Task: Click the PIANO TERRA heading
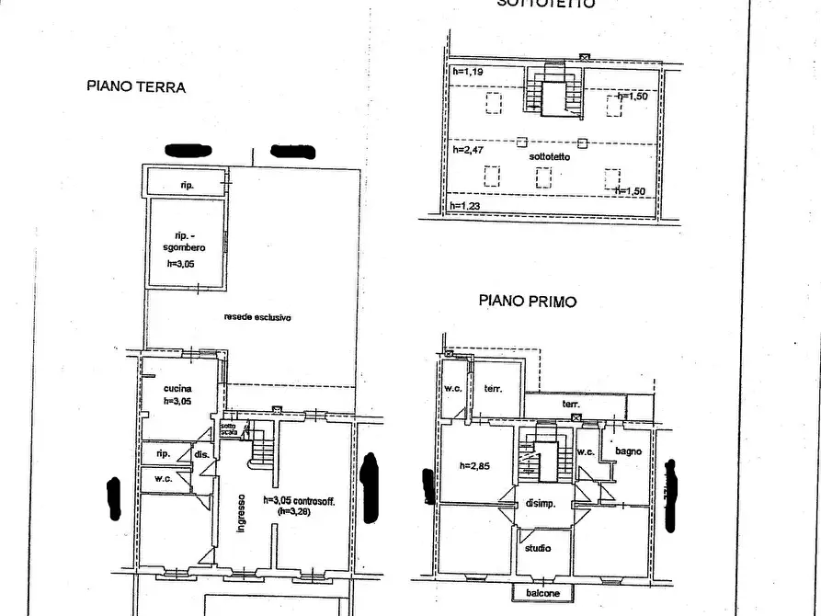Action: (136, 87)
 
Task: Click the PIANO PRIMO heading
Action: (528, 301)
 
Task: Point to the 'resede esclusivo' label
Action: (257, 317)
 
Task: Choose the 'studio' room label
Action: (538, 549)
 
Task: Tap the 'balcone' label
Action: (542, 593)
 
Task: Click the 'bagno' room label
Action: (629, 451)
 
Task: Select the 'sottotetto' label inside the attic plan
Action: (550, 157)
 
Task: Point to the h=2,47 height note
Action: (468, 149)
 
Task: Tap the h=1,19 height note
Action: (467, 71)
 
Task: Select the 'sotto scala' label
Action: (228, 428)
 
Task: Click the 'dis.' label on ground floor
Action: (200, 453)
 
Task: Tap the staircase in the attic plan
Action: (554, 92)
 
